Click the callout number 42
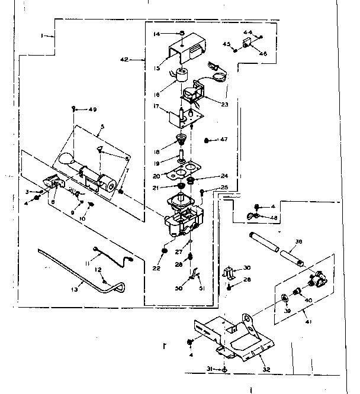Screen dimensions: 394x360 124,60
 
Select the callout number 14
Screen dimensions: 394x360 156,34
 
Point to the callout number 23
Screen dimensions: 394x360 224,104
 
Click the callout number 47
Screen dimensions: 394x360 224,140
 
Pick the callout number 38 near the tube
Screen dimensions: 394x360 298,241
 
